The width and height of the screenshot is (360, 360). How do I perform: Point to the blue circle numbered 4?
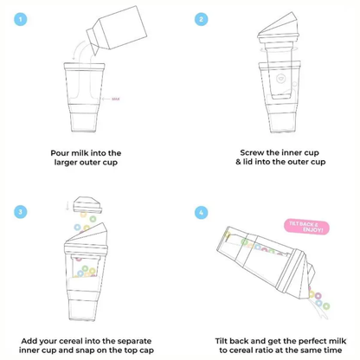pos(201,211)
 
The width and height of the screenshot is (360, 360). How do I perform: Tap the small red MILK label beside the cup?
pos(115,98)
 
